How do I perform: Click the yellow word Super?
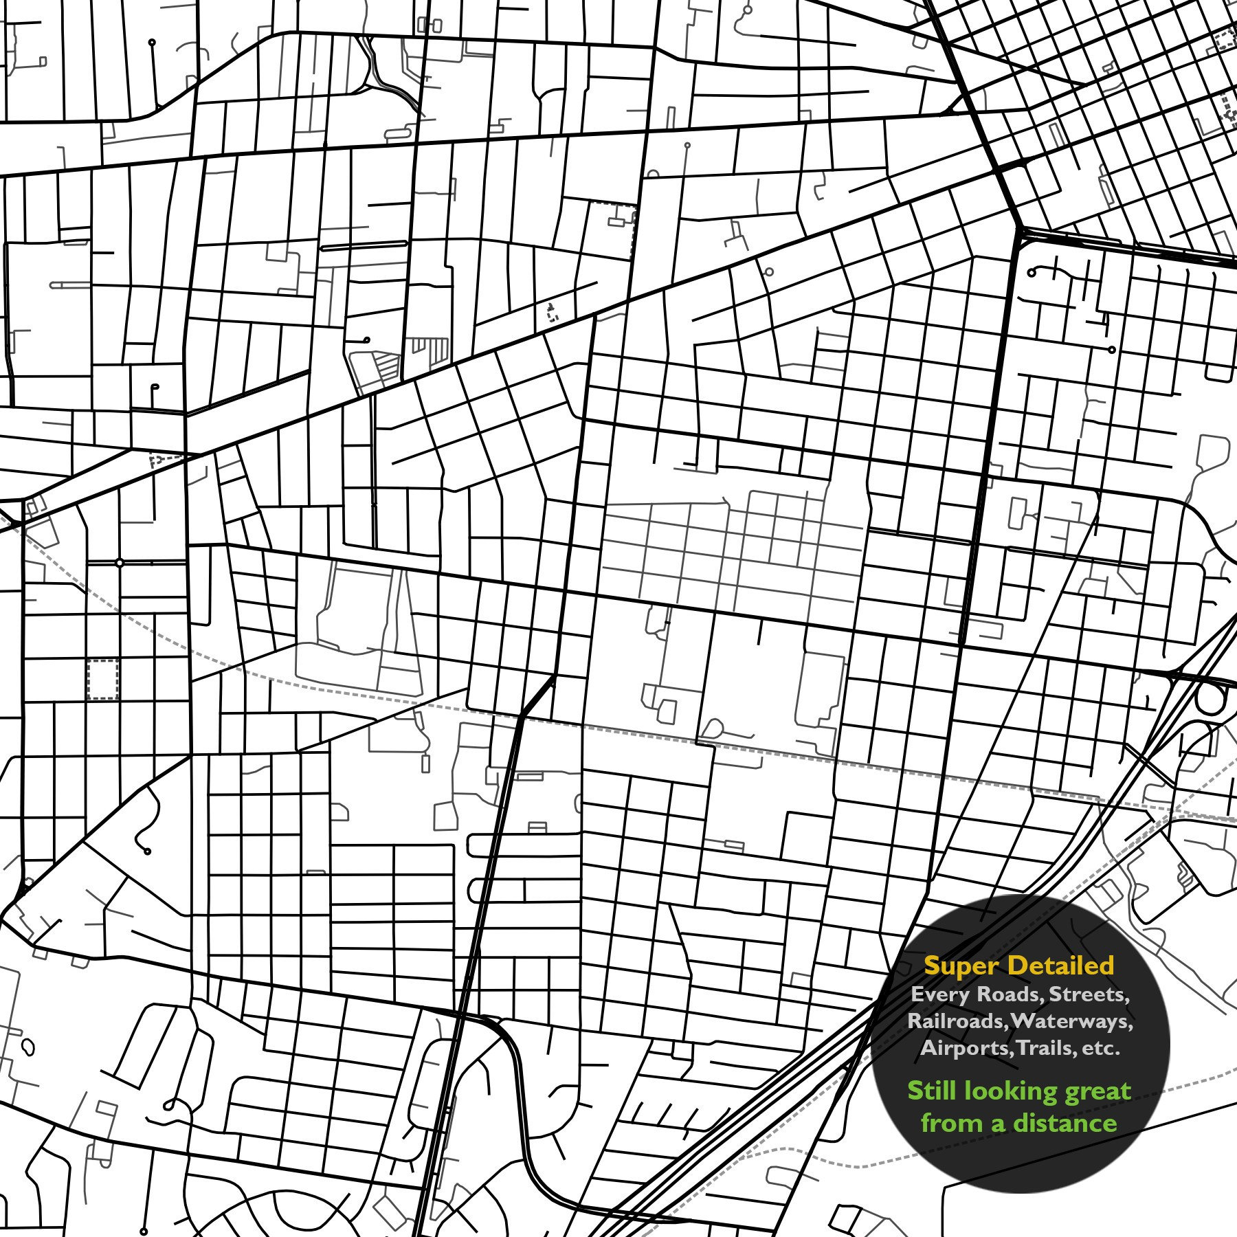tap(961, 966)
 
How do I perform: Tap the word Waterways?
tap(1072, 1021)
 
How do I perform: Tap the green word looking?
tap(1013, 1092)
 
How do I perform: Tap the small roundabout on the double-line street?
tap(120, 563)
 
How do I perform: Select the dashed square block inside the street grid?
tap(103, 680)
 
